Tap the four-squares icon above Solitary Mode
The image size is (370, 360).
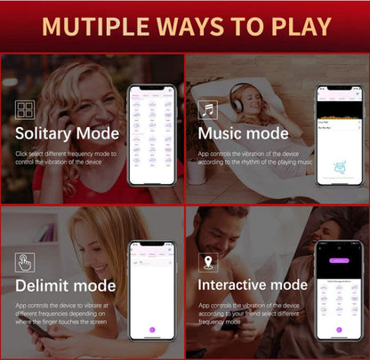pyautogui.click(x=26, y=110)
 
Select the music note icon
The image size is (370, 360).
pyautogui.click(x=208, y=110)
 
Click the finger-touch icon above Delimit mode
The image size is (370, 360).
pyautogui.click(x=26, y=262)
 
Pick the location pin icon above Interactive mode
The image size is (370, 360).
pyautogui.click(x=208, y=262)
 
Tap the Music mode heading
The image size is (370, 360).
pyautogui.click(x=243, y=133)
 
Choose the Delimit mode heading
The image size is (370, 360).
pyautogui.click(x=65, y=285)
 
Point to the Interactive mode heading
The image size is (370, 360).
pyautogui.click(x=252, y=285)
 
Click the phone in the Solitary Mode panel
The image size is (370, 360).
pyautogui.click(x=152, y=135)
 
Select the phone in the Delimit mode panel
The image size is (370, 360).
pyautogui.click(x=152, y=290)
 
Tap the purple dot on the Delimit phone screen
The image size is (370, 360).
pyautogui.click(x=152, y=330)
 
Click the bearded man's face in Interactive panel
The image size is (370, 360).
pyautogui.click(x=219, y=233)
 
